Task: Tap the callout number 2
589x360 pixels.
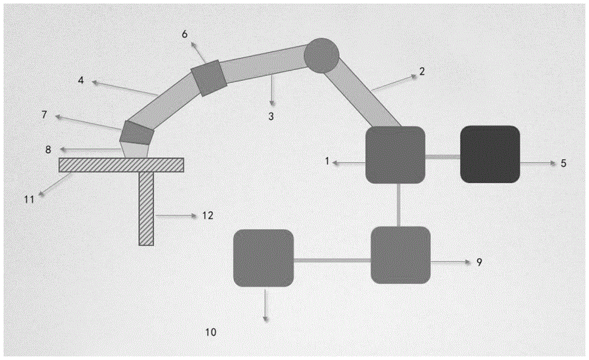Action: click(x=421, y=72)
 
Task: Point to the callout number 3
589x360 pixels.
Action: click(x=271, y=116)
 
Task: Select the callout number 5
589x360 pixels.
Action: click(x=564, y=163)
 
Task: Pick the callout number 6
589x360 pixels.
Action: click(x=184, y=34)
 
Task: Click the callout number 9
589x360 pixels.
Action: click(x=479, y=262)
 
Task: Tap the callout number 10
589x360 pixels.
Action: click(x=210, y=332)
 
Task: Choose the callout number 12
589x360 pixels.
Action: click(x=207, y=216)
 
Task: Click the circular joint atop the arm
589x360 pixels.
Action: click(x=322, y=55)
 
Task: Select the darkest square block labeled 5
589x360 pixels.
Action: click(x=489, y=154)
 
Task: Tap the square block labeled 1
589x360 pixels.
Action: click(x=395, y=154)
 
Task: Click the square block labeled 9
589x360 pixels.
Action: click(x=400, y=255)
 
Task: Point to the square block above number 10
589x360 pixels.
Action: click(x=263, y=258)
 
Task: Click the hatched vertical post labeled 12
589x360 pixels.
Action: click(x=146, y=209)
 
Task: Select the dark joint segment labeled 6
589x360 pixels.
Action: click(x=208, y=78)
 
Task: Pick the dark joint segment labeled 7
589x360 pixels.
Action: click(x=137, y=133)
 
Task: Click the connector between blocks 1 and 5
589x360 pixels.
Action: click(x=442, y=157)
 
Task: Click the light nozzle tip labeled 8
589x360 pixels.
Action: click(x=135, y=150)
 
